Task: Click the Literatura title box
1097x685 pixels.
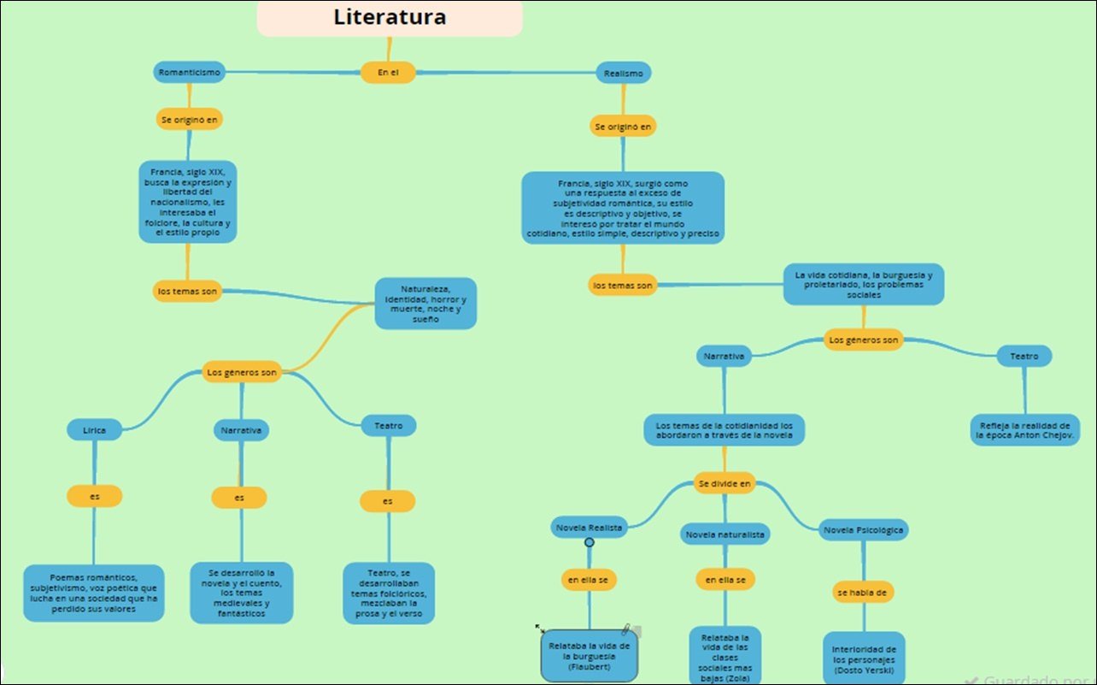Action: pyautogui.click(x=390, y=18)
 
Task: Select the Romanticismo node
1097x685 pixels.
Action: pyautogui.click(x=189, y=73)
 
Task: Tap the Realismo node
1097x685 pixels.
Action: pyautogui.click(x=623, y=74)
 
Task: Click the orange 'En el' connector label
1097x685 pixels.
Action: pyautogui.click(x=388, y=73)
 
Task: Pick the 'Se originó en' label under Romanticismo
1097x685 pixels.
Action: pyautogui.click(x=189, y=120)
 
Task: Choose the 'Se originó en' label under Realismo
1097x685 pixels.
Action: pyautogui.click(x=623, y=127)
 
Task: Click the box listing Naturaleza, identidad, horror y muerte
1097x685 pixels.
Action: pyautogui.click(x=425, y=304)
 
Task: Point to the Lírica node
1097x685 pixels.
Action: pyautogui.click(x=95, y=430)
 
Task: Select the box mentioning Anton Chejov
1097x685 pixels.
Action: pyautogui.click(x=1024, y=430)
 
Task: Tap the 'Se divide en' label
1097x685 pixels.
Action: pyautogui.click(x=724, y=483)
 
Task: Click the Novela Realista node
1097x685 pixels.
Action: pyautogui.click(x=590, y=528)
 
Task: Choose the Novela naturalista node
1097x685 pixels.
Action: pyautogui.click(x=725, y=534)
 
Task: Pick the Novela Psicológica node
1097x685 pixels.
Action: pyautogui.click(x=863, y=530)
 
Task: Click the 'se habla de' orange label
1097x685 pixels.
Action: pyautogui.click(x=863, y=592)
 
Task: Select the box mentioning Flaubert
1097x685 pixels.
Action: pyautogui.click(x=590, y=656)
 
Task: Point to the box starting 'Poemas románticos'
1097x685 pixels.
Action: pyautogui.click(x=93, y=592)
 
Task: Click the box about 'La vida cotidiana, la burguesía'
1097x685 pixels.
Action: pyautogui.click(x=864, y=284)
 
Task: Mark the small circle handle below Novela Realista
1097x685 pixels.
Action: pyautogui.click(x=589, y=542)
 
